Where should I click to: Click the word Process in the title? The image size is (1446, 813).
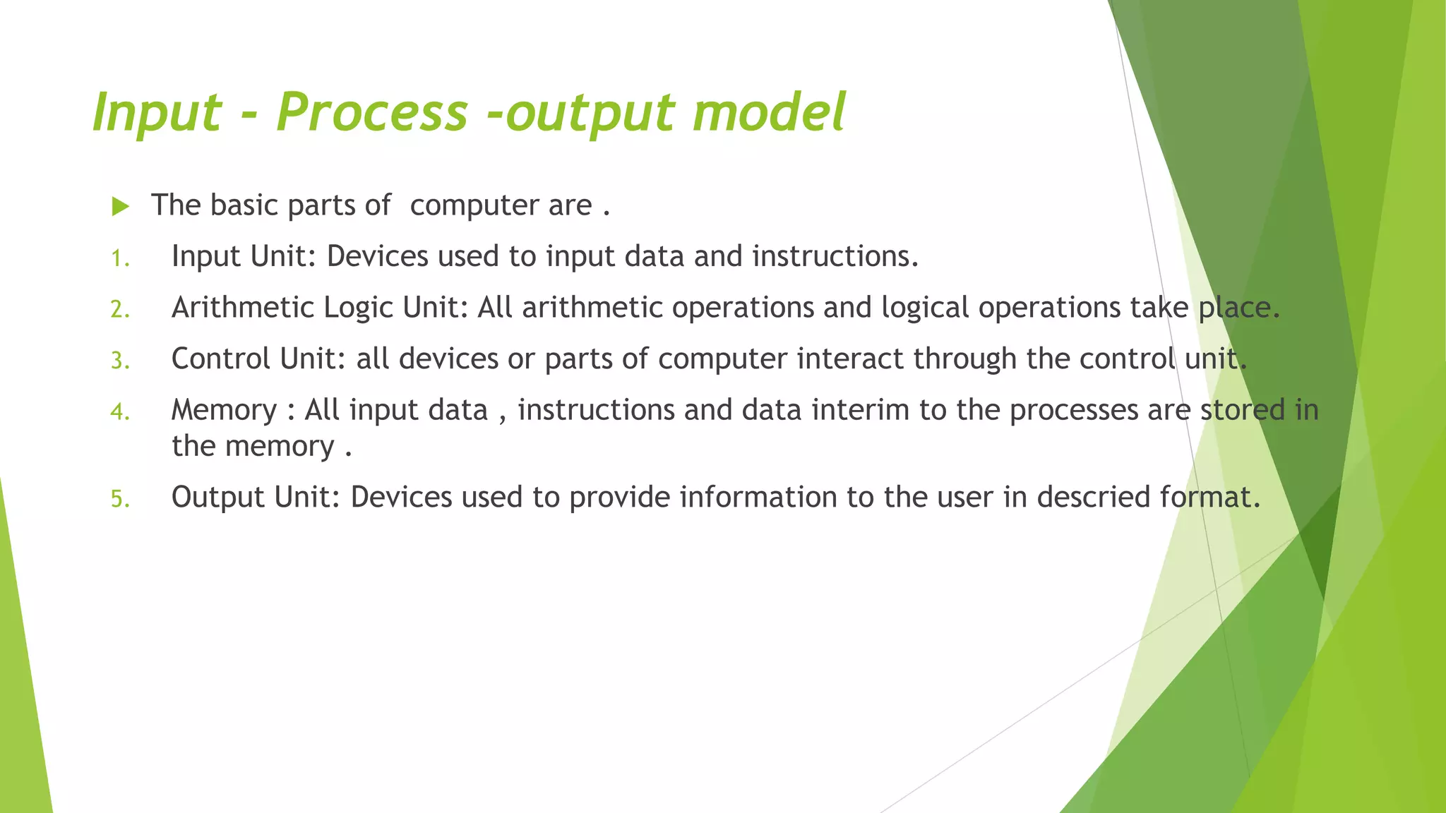point(372,113)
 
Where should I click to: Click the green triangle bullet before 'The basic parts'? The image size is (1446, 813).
point(121,207)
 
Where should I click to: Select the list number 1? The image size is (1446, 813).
point(119,259)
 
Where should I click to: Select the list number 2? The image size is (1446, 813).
point(119,310)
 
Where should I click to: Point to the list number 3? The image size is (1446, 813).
point(119,361)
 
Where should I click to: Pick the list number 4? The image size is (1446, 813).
point(119,412)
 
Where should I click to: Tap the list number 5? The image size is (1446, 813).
point(119,500)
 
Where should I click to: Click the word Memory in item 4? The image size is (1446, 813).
point(224,410)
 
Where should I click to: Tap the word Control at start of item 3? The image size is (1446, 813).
point(221,359)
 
